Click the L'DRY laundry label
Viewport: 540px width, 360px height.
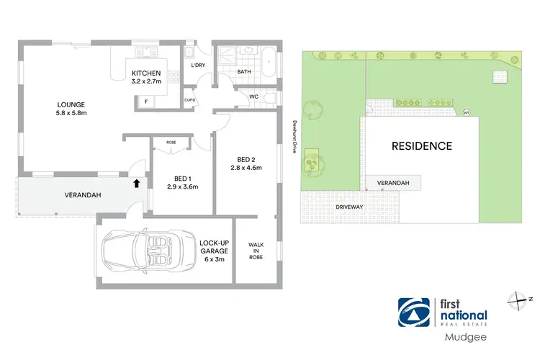tap(198, 66)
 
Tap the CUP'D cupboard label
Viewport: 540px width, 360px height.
tap(191, 100)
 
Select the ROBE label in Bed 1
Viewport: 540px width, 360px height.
tap(171, 143)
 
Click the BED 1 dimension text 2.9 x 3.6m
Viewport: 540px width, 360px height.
tap(182, 186)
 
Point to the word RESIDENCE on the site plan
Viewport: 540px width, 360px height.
tap(421, 146)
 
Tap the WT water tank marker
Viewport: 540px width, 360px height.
tap(466, 113)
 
